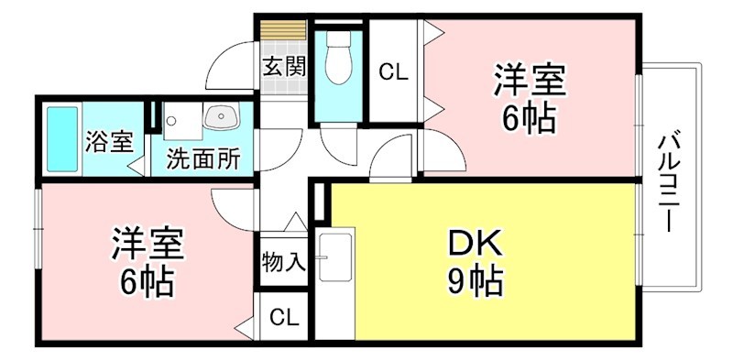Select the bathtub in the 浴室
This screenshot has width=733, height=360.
(x=61, y=139)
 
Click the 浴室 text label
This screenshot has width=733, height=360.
(x=108, y=142)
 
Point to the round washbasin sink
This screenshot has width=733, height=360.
(x=221, y=117)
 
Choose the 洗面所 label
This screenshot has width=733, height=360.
(x=202, y=158)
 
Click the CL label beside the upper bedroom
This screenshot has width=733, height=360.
(x=393, y=71)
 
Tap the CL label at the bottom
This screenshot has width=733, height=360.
(x=283, y=318)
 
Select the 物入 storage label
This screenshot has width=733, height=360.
(x=282, y=263)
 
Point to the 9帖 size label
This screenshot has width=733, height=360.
(x=474, y=281)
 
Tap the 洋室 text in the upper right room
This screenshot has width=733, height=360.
(x=529, y=81)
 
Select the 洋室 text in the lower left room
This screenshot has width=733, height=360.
(x=147, y=244)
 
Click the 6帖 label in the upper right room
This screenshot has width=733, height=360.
(x=529, y=119)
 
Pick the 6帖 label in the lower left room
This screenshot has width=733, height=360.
(x=147, y=282)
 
